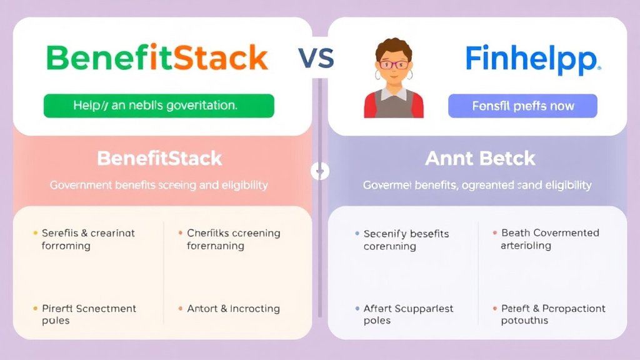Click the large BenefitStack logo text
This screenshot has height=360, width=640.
[157, 57]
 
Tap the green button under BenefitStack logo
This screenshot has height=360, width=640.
[159, 106]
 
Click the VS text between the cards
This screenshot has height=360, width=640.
[316, 58]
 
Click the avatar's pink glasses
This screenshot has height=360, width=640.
[394, 64]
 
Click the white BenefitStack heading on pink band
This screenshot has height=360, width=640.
[159, 158]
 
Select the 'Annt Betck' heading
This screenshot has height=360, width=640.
[480, 158]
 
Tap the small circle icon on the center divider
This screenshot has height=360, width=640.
[319, 171]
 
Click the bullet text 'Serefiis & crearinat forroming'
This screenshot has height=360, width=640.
[88, 239]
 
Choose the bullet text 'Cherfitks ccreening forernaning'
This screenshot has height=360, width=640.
[233, 239]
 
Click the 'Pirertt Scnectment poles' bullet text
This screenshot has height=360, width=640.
[89, 314]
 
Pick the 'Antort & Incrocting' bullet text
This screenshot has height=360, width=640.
[233, 309]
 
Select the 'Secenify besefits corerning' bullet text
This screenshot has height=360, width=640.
[406, 240]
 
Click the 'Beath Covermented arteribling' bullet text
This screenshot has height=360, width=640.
[550, 239]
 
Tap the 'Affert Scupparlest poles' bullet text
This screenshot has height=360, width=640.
[408, 314]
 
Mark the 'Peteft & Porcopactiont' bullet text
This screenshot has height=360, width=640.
[552, 314]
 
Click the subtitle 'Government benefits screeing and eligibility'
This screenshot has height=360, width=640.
[159, 185]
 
